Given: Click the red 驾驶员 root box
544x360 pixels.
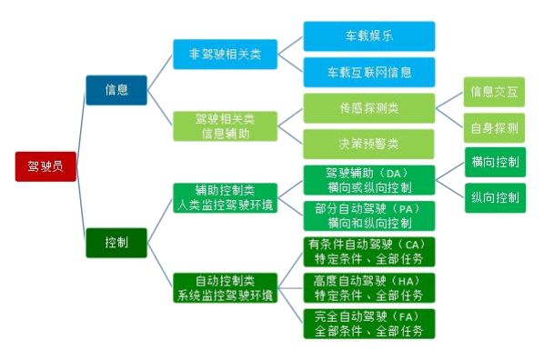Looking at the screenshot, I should [45, 165].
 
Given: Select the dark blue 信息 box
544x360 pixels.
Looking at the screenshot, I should [116, 90].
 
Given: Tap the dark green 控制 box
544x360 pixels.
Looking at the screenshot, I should [116, 243].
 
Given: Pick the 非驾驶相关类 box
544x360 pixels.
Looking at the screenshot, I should [225, 55].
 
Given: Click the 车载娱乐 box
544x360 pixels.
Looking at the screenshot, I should [368, 36].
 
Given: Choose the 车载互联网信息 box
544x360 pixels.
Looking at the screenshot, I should [368, 72].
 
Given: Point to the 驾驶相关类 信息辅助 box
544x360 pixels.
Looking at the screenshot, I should [225, 126].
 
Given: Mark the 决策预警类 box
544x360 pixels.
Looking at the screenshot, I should [368, 144].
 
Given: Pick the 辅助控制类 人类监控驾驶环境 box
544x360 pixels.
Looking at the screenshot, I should [225, 197].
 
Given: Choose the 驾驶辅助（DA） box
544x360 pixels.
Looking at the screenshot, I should [368, 180].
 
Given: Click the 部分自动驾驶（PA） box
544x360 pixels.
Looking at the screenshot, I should [368, 215].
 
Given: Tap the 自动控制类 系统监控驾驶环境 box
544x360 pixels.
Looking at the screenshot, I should [225, 287].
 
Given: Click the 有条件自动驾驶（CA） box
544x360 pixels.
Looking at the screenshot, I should [368, 252].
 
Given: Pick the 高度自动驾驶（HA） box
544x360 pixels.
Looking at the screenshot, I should [368, 287].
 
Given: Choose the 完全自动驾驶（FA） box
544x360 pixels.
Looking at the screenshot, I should [368, 324].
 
